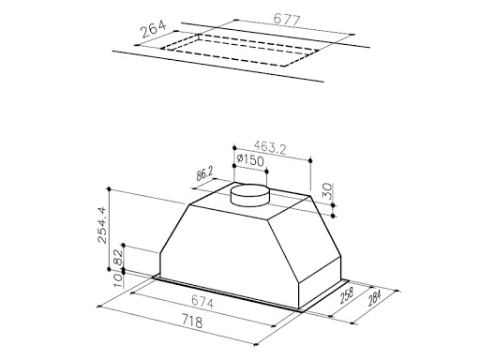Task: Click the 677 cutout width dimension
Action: click(x=287, y=20)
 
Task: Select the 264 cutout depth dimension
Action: click(x=153, y=29)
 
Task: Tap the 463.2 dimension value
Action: click(x=270, y=147)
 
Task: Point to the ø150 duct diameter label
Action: click(x=250, y=160)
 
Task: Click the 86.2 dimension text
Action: click(x=204, y=173)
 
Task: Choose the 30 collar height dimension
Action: click(x=326, y=191)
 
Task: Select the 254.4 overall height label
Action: click(x=102, y=225)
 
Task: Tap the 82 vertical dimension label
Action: click(x=119, y=258)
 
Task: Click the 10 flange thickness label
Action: click(x=118, y=280)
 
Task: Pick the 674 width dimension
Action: click(x=202, y=302)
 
